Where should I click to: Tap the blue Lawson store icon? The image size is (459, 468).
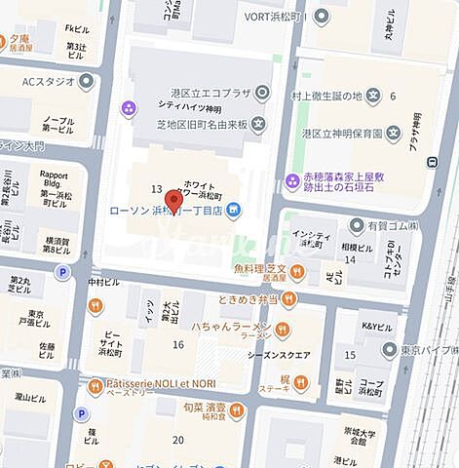click(x=235, y=209)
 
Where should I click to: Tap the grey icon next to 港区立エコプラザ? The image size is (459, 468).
click(x=261, y=94)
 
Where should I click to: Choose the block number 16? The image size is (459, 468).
click(x=178, y=345)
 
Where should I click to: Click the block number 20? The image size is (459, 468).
click(x=178, y=440)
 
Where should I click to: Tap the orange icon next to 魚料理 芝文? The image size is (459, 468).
click(x=297, y=271)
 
